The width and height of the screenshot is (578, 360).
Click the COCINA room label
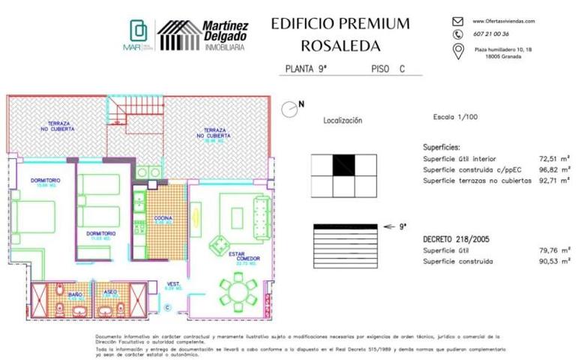(x=163, y=219)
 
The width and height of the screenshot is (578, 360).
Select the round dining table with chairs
(x=238, y=290)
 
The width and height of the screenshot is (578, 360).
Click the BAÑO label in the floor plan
(x=74, y=295)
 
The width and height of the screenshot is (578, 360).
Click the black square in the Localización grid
(x=344, y=163)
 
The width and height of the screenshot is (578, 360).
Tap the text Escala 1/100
(x=454, y=118)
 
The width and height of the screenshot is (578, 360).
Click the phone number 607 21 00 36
(x=491, y=34)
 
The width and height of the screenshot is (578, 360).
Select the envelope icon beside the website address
(x=458, y=22)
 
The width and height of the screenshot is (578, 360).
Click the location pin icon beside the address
(x=458, y=51)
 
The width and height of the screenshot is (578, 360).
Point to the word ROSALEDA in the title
(x=340, y=45)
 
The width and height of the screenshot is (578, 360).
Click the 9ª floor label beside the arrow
(x=403, y=225)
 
